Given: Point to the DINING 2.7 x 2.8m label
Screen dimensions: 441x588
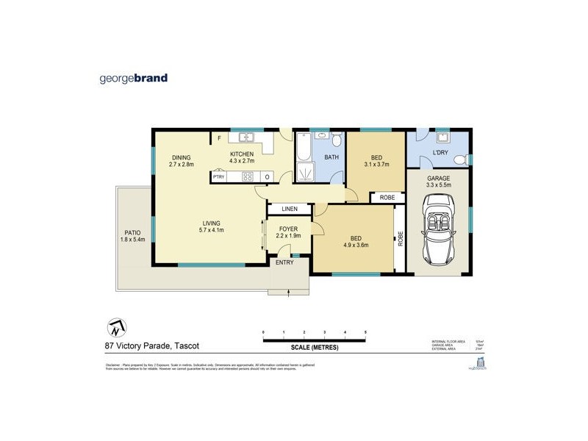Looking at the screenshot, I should click(x=181, y=161).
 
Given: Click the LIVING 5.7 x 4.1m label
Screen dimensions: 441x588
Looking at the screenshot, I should click(x=212, y=226).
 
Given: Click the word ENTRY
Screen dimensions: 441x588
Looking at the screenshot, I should click(x=284, y=262).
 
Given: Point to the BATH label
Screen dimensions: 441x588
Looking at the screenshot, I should click(x=332, y=157).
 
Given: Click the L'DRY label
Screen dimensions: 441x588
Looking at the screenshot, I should click(x=441, y=153).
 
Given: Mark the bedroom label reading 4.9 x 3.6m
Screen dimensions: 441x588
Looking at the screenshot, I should click(x=355, y=243).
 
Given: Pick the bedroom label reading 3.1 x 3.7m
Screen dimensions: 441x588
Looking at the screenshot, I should click(x=376, y=162).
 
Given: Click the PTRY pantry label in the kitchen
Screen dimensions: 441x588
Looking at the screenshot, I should click(x=218, y=176).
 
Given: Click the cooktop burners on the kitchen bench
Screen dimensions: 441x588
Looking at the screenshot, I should click(x=248, y=176).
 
